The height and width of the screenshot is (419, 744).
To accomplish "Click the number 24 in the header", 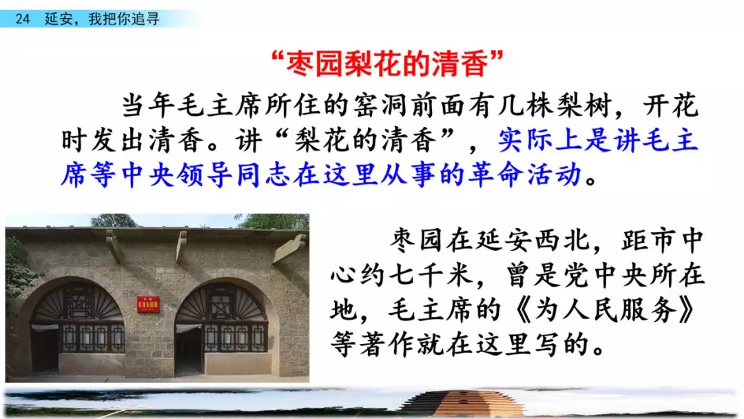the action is click(22, 19).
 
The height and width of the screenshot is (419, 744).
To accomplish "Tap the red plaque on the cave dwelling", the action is click(148, 304).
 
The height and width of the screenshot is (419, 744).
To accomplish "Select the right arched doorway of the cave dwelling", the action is click(221, 327).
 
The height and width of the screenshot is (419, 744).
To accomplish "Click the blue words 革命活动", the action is click(525, 174).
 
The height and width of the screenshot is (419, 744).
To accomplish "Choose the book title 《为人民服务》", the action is click(605, 310).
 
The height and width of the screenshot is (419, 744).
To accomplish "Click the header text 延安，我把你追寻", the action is click(102, 19).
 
